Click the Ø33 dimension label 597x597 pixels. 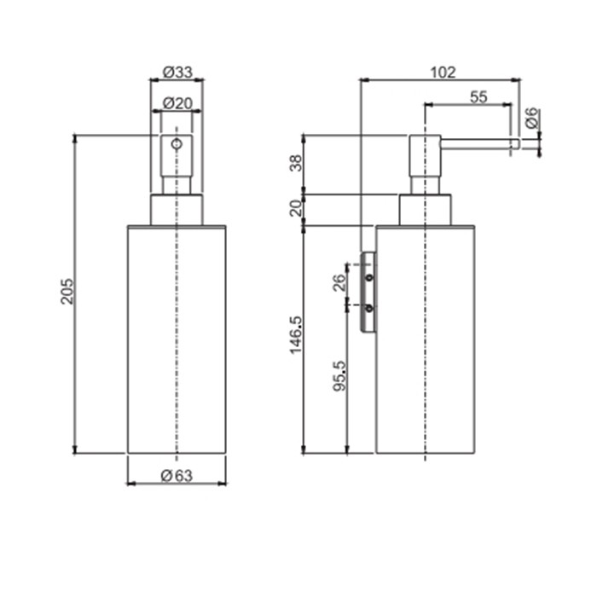[177, 72]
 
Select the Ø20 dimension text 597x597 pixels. [177, 102]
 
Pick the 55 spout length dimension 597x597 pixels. [478, 97]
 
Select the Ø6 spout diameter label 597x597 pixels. [532, 119]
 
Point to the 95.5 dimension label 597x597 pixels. [339, 375]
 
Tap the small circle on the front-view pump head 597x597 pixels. [177, 144]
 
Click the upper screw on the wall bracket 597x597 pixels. [369, 277]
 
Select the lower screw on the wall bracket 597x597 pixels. [369, 307]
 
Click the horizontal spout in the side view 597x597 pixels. [478, 142]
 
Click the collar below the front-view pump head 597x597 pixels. [177, 210]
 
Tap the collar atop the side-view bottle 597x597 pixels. [424, 210]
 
